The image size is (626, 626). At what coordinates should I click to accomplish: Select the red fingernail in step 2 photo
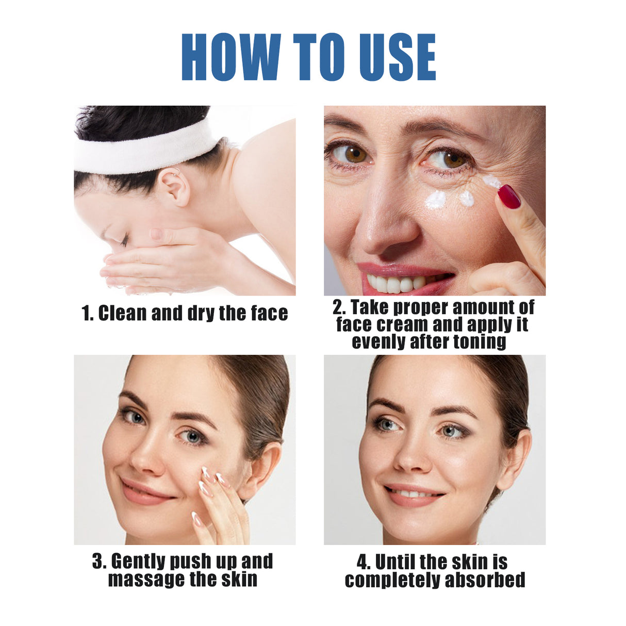[509, 196]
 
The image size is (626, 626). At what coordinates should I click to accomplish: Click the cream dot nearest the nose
[436, 200]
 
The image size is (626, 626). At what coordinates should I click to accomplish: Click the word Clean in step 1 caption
[122, 313]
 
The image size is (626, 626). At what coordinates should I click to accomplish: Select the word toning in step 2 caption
[479, 341]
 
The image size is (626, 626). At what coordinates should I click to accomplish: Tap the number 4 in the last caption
[363, 562]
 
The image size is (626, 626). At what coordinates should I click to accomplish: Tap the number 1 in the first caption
[86, 313]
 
